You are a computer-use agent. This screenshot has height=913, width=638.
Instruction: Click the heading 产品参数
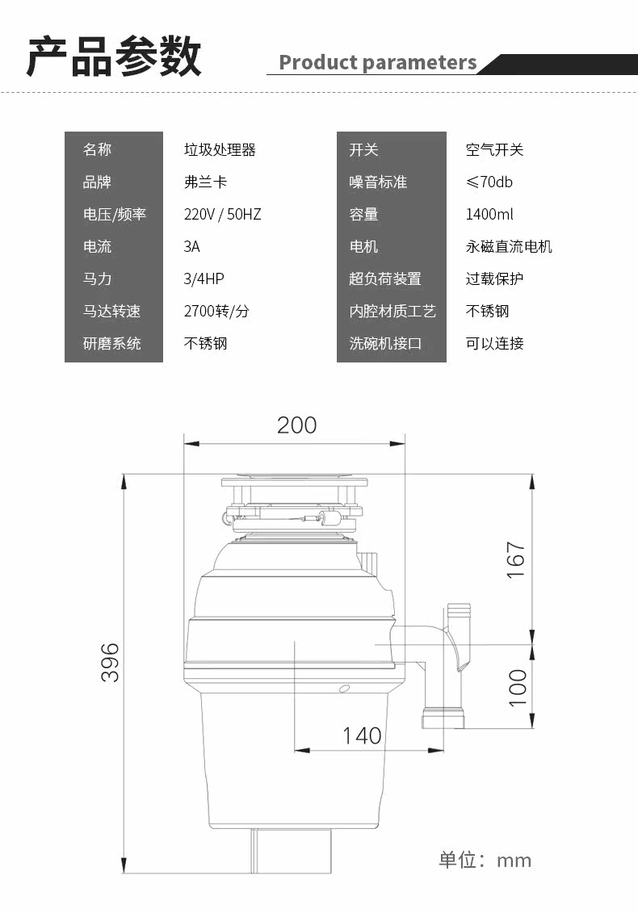coord(114,57)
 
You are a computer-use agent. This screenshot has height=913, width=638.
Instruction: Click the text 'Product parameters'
coord(378,62)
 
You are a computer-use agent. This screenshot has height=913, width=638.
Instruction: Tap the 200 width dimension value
coord(296,425)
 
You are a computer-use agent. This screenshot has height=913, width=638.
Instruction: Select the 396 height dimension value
coord(110,662)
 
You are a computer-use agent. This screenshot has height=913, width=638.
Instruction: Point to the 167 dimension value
coord(516,560)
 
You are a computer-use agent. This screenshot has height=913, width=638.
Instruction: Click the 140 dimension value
coord(362,735)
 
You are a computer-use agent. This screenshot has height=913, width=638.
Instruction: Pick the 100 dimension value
coord(518,688)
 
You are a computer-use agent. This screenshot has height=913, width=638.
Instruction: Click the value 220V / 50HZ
coord(223,214)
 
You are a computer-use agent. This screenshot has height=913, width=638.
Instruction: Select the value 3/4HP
coord(204,279)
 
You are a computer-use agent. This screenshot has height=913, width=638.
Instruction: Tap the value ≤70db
coord(489,182)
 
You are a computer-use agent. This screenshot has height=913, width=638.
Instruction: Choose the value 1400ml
coord(489,214)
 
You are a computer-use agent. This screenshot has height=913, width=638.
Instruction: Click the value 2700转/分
coord(216,311)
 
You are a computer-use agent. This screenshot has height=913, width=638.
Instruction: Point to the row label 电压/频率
coord(114,214)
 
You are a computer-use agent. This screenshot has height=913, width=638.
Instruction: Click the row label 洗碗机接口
coord(385,344)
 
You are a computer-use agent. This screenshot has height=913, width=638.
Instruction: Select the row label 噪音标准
coord(378,182)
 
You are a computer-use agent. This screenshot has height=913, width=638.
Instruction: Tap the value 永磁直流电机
coord(509,247)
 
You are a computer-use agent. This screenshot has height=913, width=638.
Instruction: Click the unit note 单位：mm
coord(485,860)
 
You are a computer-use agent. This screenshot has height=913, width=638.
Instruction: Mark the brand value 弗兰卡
coord(206,182)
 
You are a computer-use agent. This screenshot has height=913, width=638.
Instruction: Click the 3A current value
coord(191,247)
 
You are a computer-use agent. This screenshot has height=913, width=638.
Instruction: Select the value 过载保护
coord(495,279)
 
